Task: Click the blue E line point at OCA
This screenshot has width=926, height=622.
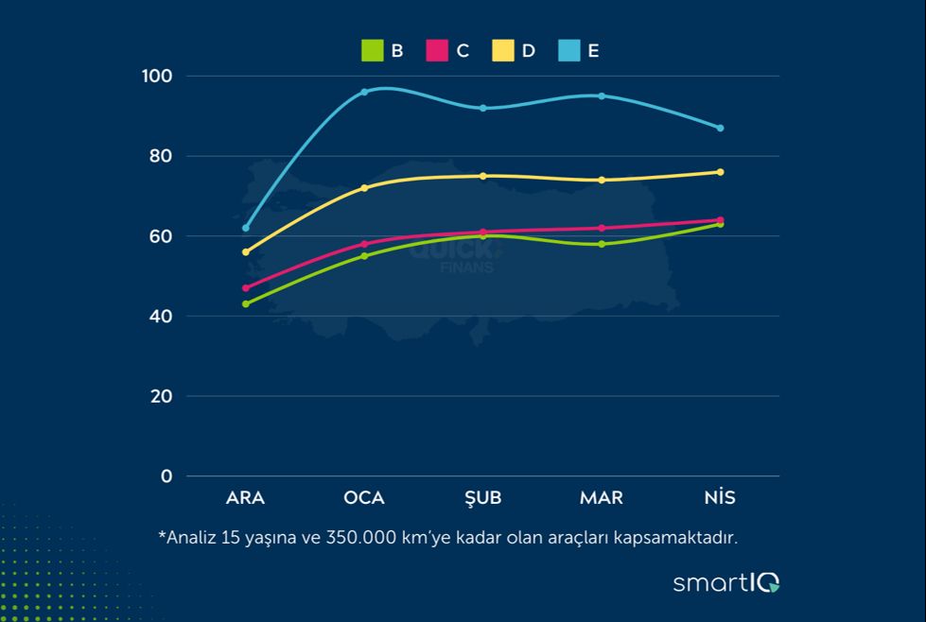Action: [x=364, y=92]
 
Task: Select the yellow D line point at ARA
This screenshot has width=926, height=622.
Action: [x=246, y=252]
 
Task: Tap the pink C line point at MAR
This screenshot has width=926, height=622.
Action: [x=602, y=228]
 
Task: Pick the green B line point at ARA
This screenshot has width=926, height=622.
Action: [x=246, y=304]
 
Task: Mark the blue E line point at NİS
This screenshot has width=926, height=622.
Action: [x=720, y=128]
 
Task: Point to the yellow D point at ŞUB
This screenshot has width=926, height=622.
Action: [x=483, y=176]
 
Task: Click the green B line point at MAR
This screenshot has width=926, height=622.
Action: [x=602, y=244]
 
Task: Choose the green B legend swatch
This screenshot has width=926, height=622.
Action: [x=373, y=51]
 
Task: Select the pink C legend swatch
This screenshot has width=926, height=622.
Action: [x=437, y=51]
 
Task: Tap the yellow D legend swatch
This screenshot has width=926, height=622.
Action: [x=503, y=51]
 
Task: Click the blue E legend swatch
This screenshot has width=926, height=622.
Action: [x=568, y=51]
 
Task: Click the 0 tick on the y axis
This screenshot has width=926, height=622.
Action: [x=166, y=476]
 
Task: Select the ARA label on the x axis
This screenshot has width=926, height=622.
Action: [x=246, y=498]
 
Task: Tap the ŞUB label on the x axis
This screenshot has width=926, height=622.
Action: [x=483, y=498]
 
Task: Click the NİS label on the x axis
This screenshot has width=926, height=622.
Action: [x=720, y=498]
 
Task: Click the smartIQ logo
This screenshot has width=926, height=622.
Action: [x=725, y=582]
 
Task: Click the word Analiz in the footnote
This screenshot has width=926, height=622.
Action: [x=189, y=538]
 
